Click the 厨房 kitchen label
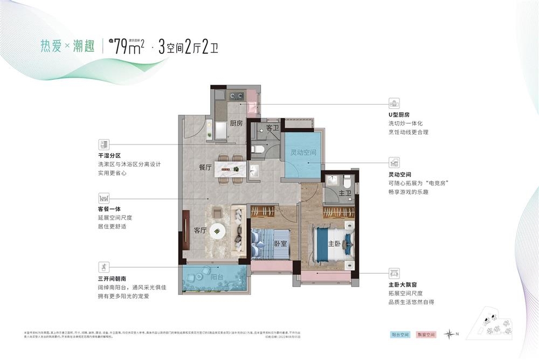pyautogui.click(x=236, y=123)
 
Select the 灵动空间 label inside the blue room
pyautogui.click(x=303, y=153)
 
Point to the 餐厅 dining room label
pyautogui.click(x=205, y=167)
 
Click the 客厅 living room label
pyautogui.click(x=201, y=230)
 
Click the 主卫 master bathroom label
pyautogui.click(x=345, y=193)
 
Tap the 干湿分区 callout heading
pyautogui.click(x=109, y=156)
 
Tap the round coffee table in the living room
pyautogui.click(x=218, y=230)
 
